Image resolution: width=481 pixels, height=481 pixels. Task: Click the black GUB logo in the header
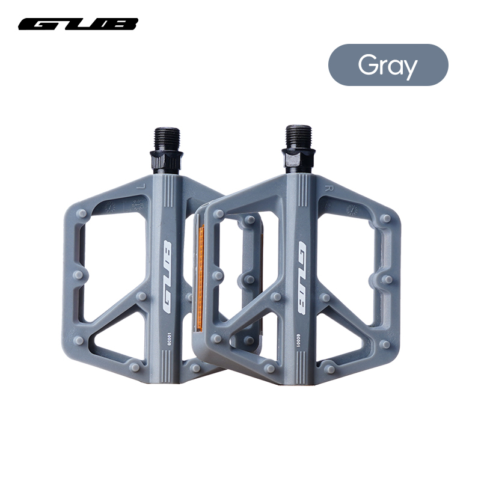(x=78, y=24)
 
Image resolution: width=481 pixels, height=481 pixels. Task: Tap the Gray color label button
(x=388, y=65)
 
